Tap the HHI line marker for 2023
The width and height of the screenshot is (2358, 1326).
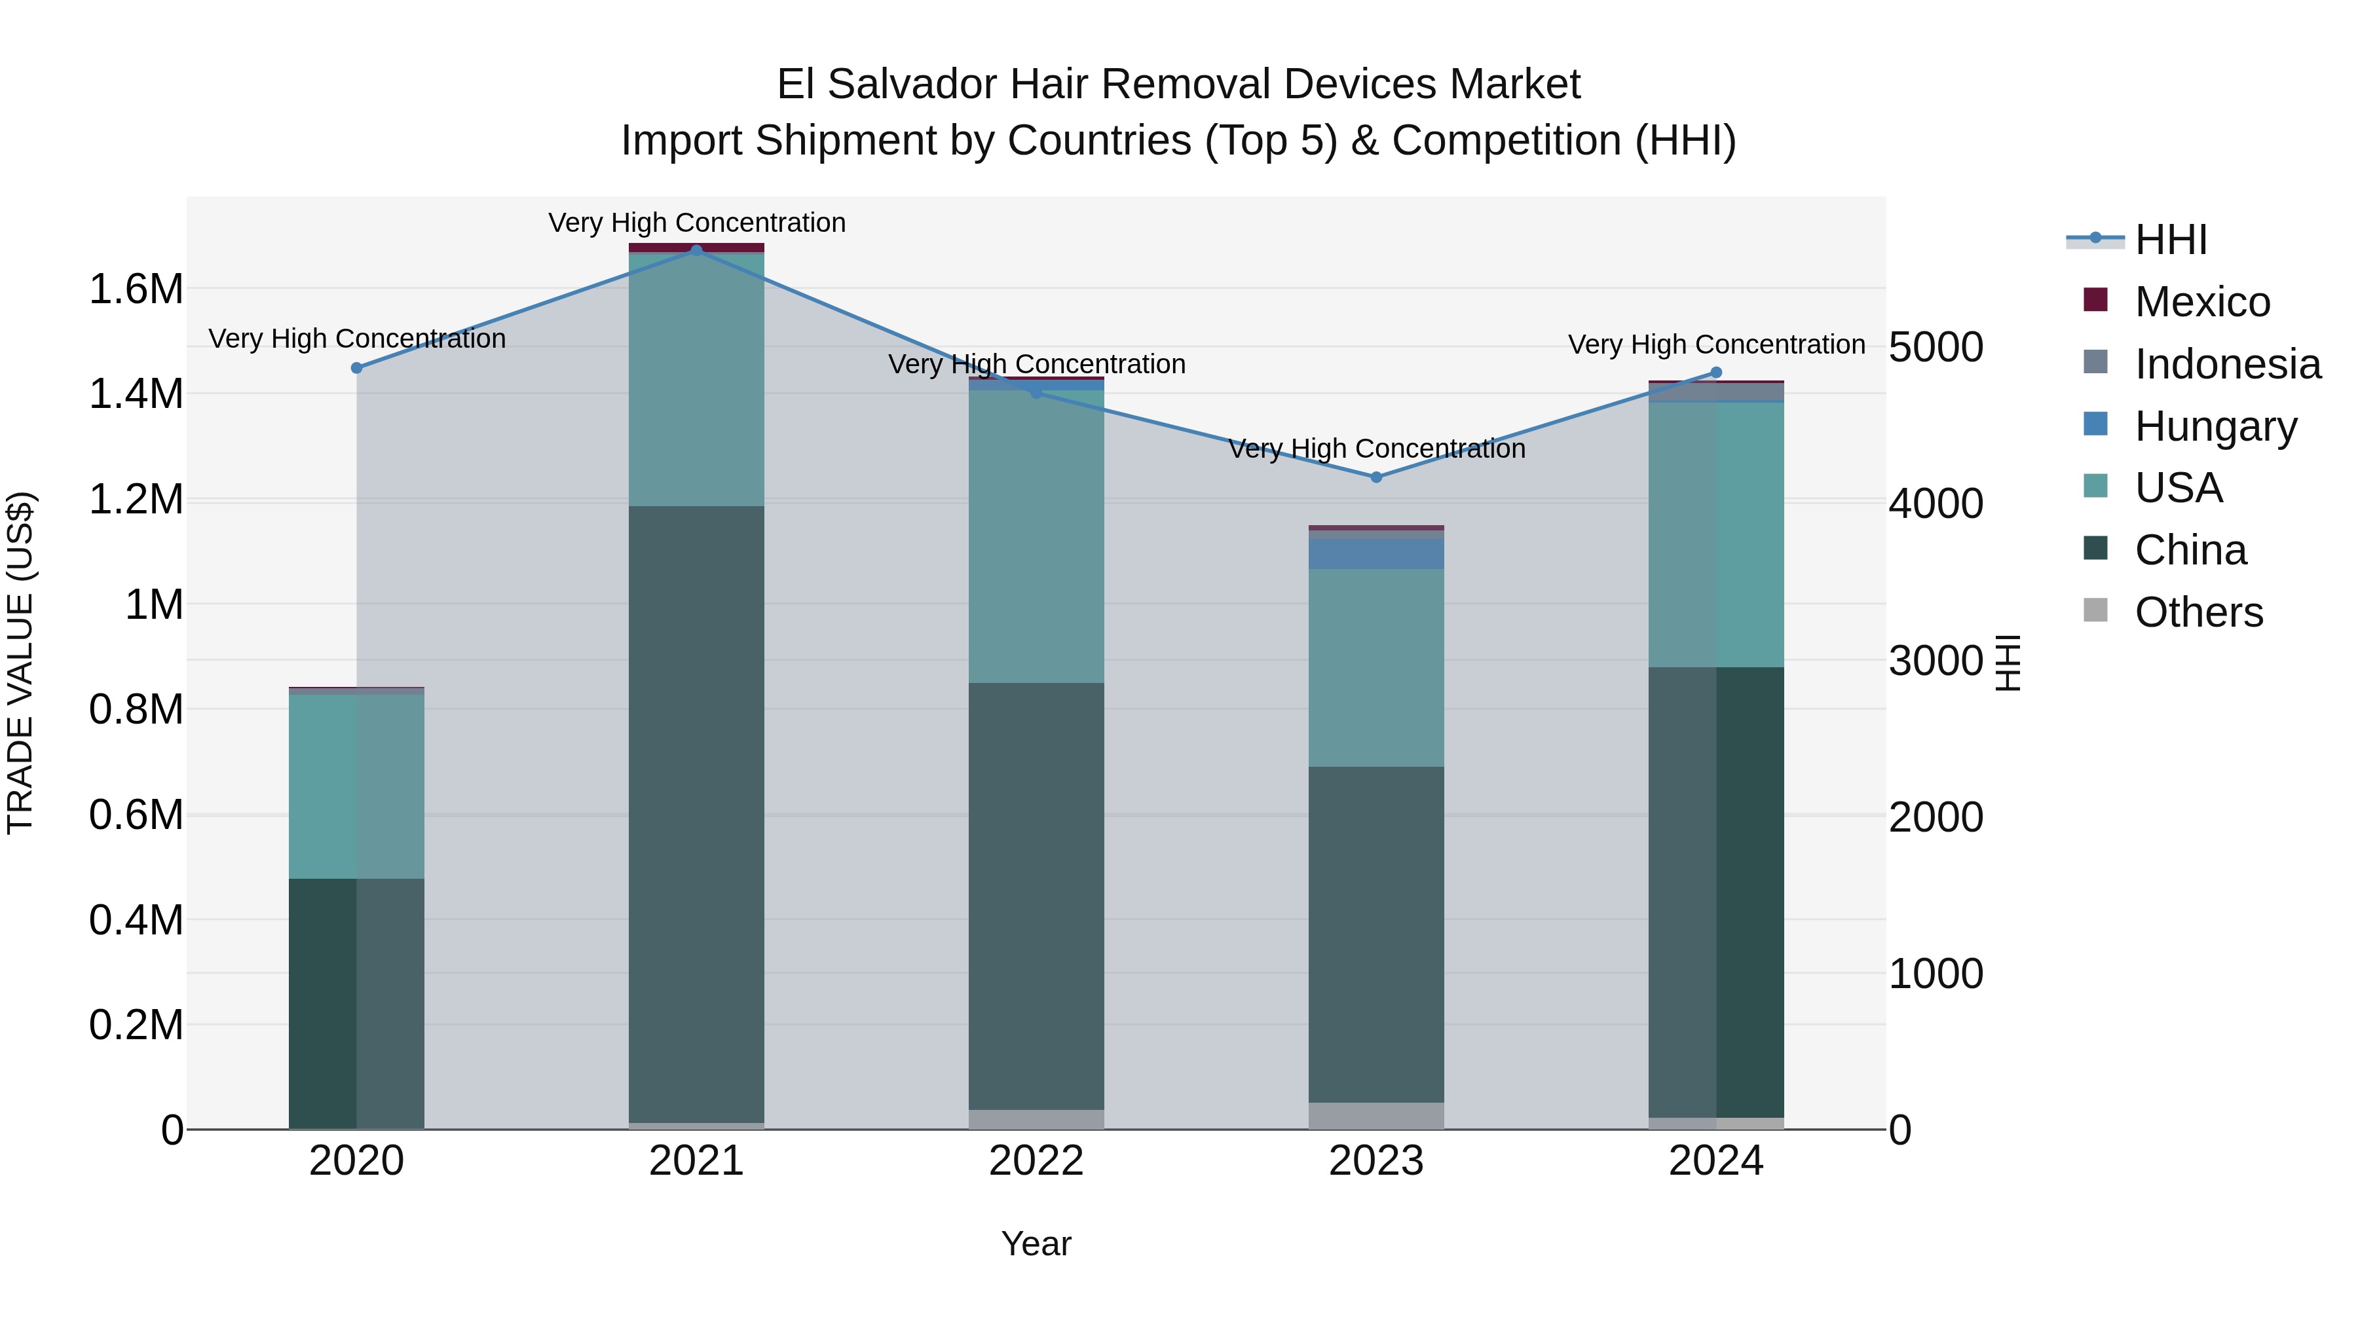point(1375,477)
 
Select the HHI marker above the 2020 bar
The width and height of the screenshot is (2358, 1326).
point(357,368)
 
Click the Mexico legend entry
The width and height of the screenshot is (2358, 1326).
point(2201,302)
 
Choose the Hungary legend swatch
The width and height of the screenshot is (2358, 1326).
point(2095,424)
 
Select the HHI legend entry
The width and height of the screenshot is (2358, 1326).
point(2171,240)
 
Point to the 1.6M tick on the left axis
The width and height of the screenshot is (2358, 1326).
point(136,289)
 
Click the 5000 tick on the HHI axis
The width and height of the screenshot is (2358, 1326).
point(1935,347)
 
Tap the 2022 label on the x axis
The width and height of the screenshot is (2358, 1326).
point(1036,1161)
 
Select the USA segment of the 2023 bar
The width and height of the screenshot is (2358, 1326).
point(1375,668)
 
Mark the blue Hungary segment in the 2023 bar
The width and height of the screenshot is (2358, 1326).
point(1375,553)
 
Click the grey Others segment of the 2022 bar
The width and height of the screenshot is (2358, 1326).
point(1036,1119)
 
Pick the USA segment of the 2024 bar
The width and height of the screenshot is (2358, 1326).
point(1715,536)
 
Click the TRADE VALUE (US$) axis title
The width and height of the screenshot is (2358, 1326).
point(20,663)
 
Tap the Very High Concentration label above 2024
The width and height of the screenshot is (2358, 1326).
point(1715,345)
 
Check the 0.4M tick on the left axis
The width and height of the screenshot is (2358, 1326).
point(136,920)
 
